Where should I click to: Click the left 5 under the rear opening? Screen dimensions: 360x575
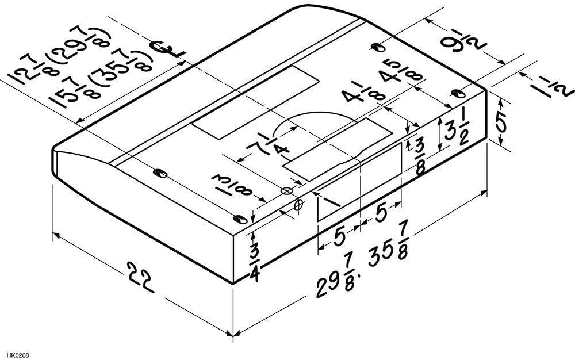pos(339,234)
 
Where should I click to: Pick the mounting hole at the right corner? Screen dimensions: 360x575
pos(458,95)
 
